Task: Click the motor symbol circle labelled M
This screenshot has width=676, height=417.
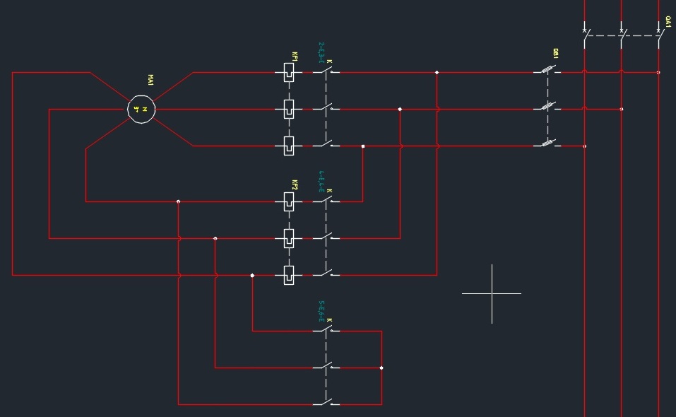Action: point(141,109)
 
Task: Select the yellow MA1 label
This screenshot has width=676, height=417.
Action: point(150,80)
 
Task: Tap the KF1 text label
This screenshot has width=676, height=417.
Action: point(295,56)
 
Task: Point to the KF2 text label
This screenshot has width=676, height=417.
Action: point(295,184)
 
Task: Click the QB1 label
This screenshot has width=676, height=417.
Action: point(555,54)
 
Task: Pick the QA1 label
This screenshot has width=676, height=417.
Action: point(668,22)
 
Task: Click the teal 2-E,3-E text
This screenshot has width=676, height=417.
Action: point(321,52)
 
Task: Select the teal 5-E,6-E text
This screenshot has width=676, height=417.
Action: point(321,312)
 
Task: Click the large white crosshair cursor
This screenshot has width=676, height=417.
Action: point(492,293)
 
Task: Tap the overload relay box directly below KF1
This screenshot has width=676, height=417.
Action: point(289,72)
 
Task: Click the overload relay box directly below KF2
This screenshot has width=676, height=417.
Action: point(289,201)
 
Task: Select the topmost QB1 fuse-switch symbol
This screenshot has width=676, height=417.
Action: point(548,71)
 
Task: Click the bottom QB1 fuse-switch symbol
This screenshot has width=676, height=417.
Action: point(548,145)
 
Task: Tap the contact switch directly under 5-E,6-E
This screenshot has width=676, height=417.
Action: point(326,330)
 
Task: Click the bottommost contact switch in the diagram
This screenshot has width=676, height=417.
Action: point(326,404)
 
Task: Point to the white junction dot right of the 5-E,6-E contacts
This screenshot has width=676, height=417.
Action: point(381,368)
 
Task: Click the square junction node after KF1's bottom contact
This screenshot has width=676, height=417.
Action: point(363,146)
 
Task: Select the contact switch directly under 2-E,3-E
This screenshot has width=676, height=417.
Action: point(326,71)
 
